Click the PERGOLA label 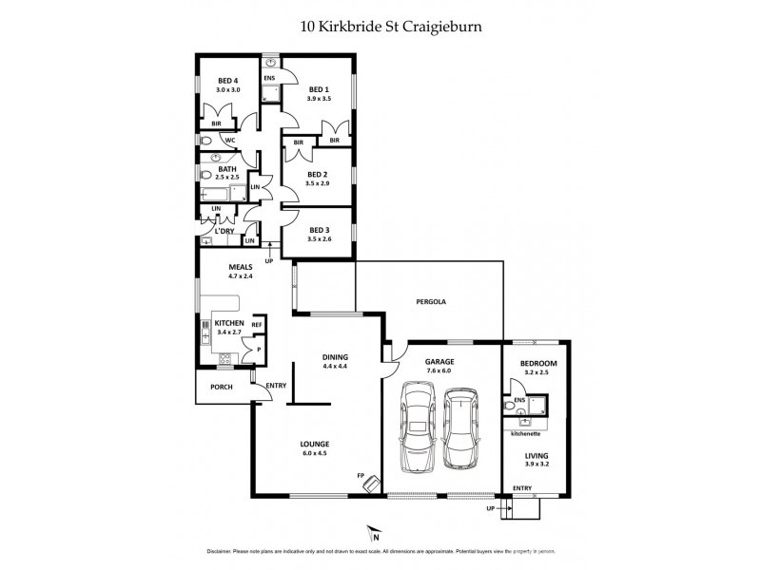click(431, 301)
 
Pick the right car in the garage click(463, 429)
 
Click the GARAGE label click(439, 362)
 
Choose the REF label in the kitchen click(256, 325)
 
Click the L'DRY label click(224, 231)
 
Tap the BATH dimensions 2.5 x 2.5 click(226, 178)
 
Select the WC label click(229, 141)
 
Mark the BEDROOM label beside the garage click(538, 364)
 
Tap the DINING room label click(336, 357)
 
